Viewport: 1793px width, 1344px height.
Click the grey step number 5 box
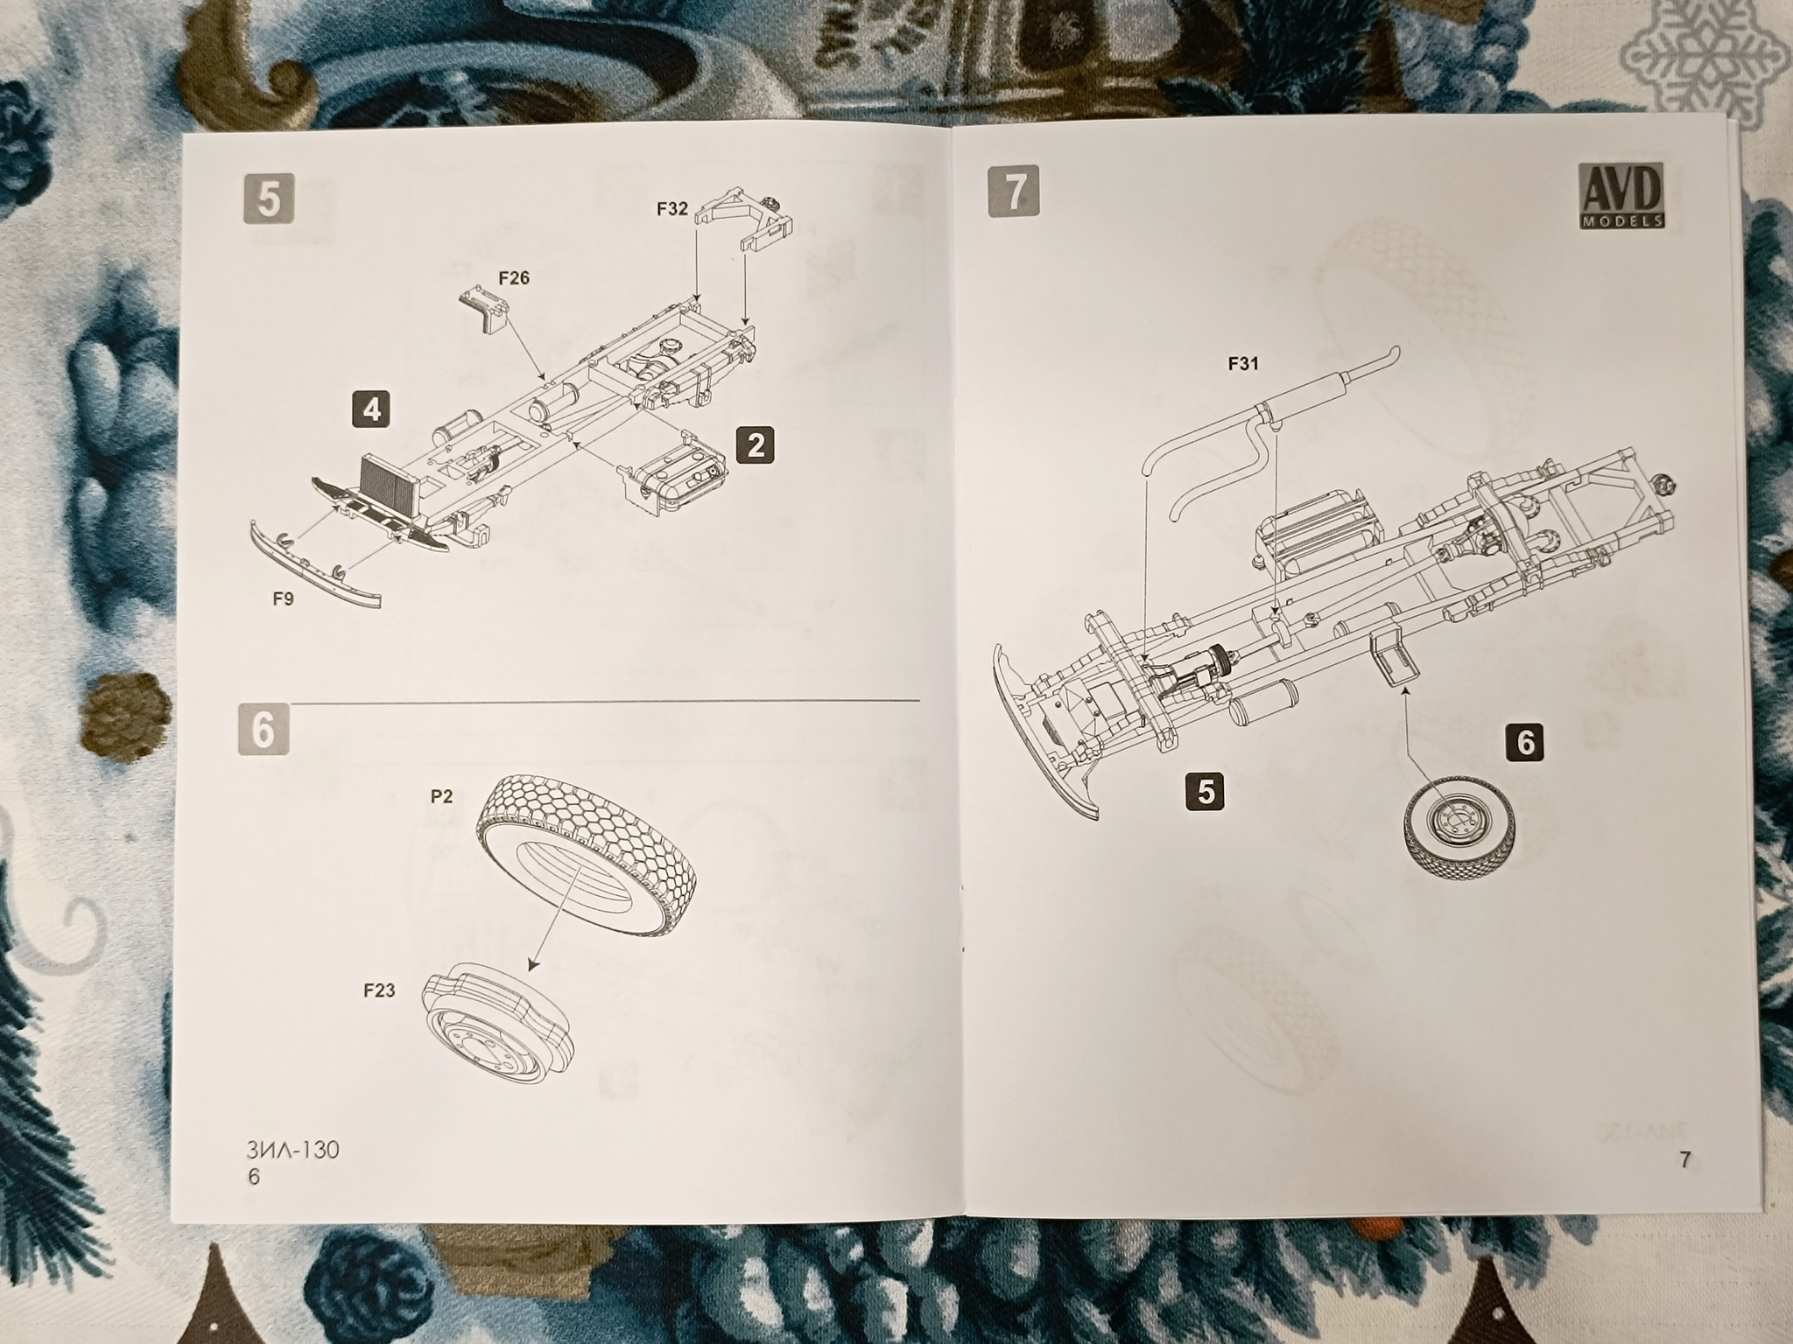[x=269, y=199]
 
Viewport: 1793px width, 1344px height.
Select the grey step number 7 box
[x=1014, y=191]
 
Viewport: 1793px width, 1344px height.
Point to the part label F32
[x=672, y=210]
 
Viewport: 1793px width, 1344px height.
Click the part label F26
[x=514, y=278]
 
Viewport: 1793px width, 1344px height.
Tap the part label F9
[x=282, y=598]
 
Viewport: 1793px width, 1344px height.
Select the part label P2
[x=441, y=796]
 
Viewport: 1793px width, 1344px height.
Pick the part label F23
[x=380, y=990]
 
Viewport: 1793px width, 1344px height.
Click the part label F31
[x=1243, y=364]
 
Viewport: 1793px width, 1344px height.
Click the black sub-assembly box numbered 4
[x=372, y=409]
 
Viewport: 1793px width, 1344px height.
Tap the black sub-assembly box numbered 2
[x=756, y=445]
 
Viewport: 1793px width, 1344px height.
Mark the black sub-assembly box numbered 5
[x=1206, y=792]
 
